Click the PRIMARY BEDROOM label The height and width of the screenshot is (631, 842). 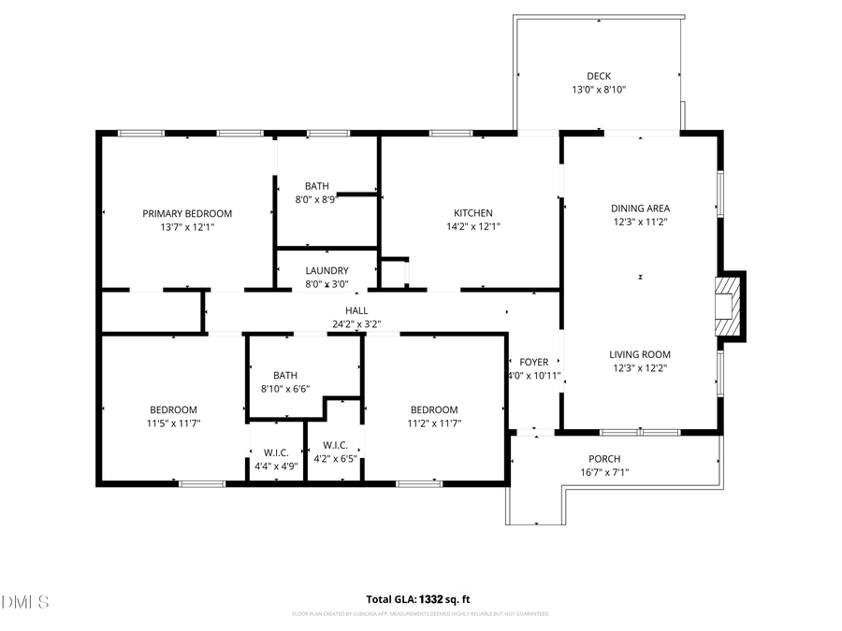pos(187,213)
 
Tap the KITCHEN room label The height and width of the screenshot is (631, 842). pos(472,213)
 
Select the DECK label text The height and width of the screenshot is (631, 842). pos(598,77)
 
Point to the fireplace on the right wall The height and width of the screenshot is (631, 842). pos(728,306)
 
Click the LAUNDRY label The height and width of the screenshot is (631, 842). pos(327,270)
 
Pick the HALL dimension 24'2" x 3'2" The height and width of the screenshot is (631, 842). pos(356,324)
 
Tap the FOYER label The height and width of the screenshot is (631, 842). pos(533,362)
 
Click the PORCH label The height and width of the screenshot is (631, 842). pos(603,458)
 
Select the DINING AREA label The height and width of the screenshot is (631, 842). pos(640,208)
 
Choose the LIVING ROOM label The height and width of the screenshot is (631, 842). pos(640,354)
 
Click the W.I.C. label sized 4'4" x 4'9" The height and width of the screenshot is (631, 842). pos(276,445)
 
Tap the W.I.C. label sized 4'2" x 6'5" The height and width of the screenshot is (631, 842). pos(335,445)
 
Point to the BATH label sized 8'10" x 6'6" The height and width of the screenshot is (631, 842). pos(285,375)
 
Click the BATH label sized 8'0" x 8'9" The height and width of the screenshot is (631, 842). pos(315,185)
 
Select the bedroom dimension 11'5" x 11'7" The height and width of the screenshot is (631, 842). pos(173,423)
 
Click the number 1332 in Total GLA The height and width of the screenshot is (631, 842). pos(430,599)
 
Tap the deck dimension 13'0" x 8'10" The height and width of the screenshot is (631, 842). pos(598,91)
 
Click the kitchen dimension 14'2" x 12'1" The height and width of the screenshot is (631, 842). pos(472,226)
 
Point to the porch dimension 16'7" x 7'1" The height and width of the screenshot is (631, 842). pos(603,472)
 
